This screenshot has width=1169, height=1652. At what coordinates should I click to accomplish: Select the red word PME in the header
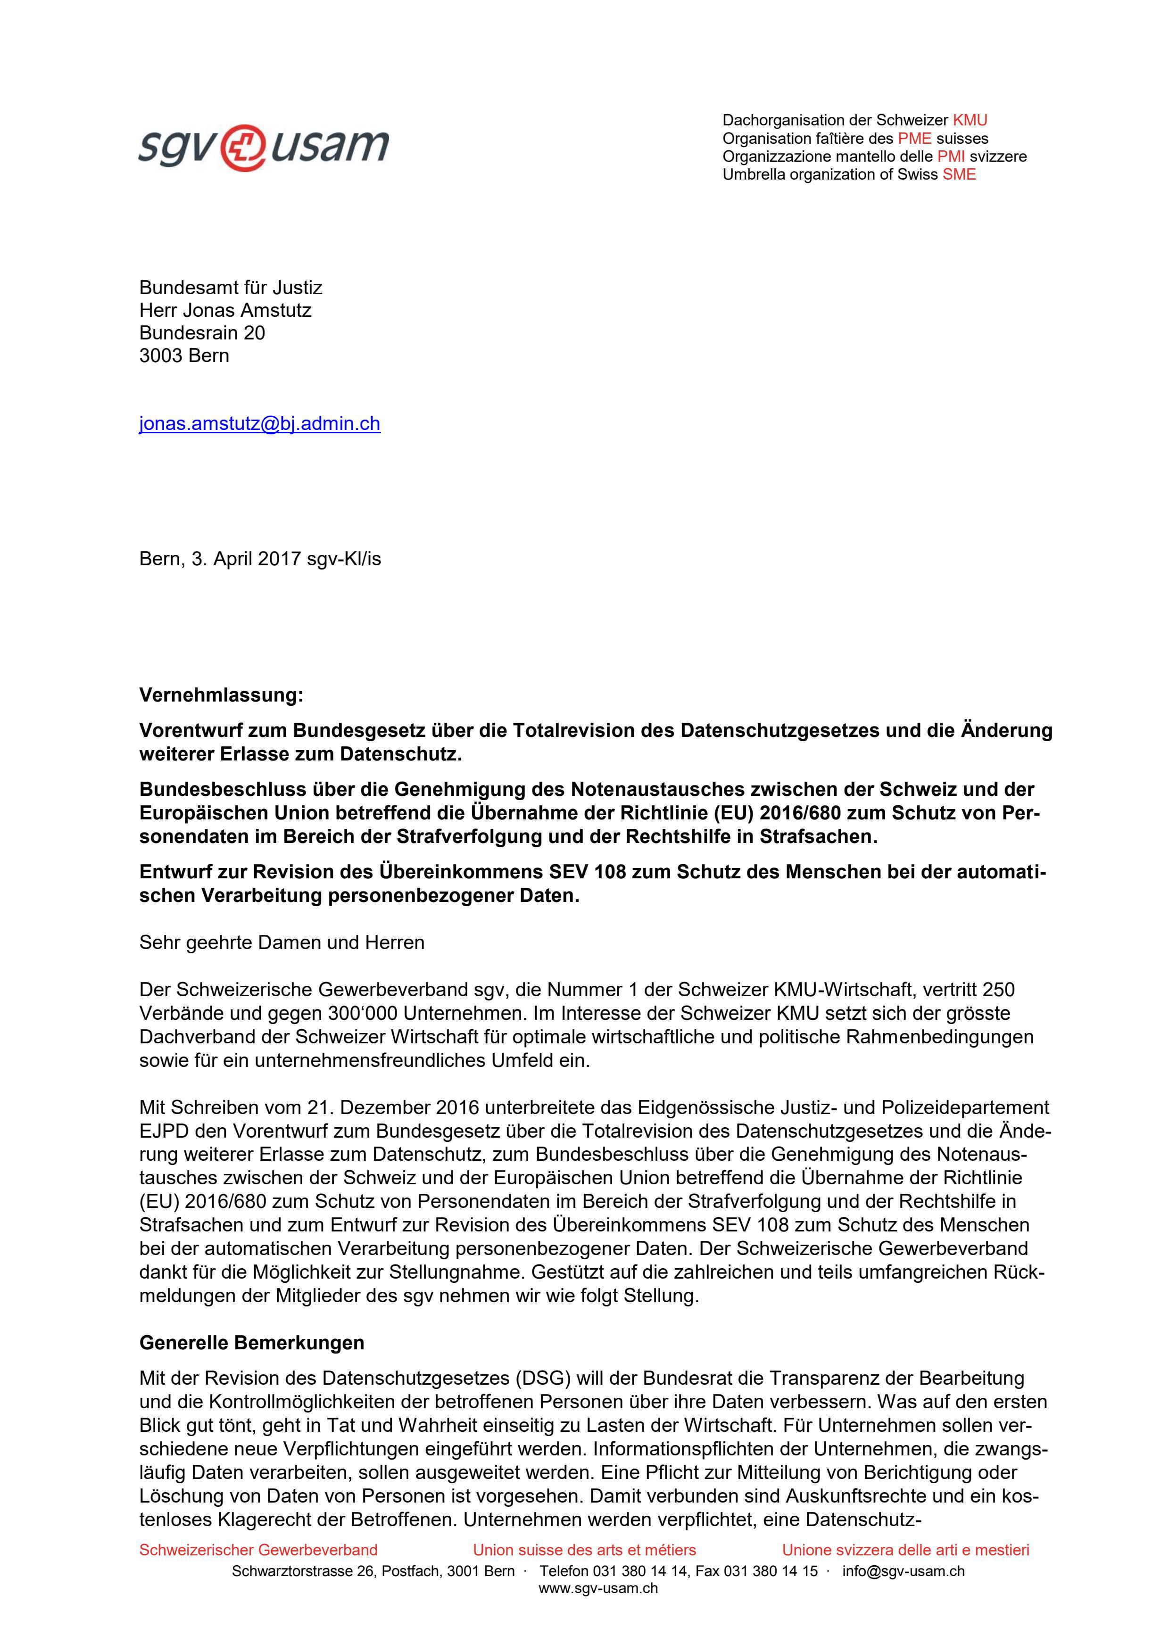click(914, 138)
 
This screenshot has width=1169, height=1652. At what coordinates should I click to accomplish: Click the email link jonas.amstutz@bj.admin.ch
click(259, 424)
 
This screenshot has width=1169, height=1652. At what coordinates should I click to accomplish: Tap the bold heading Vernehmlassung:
click(221, 695)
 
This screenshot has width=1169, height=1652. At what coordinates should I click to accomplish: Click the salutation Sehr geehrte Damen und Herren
click(282, 942)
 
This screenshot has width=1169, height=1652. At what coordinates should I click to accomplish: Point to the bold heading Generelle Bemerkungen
click(251, 1343)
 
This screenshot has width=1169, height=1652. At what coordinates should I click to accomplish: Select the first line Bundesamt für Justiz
click(230, 288)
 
